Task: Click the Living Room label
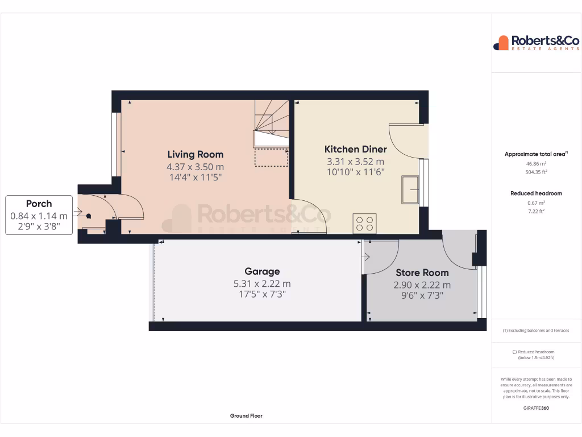195,154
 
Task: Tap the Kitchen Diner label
355,149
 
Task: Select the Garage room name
262,271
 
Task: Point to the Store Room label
422,273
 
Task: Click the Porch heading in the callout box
39,204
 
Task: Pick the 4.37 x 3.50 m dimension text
195,167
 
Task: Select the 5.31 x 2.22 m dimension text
262,283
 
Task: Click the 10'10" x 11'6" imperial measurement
355,172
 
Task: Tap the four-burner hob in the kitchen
364,222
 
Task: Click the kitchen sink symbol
410,189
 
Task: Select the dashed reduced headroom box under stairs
271,157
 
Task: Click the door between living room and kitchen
310,216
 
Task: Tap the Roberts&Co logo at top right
536,43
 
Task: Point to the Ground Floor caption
246,416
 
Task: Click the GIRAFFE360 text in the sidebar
536,408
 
